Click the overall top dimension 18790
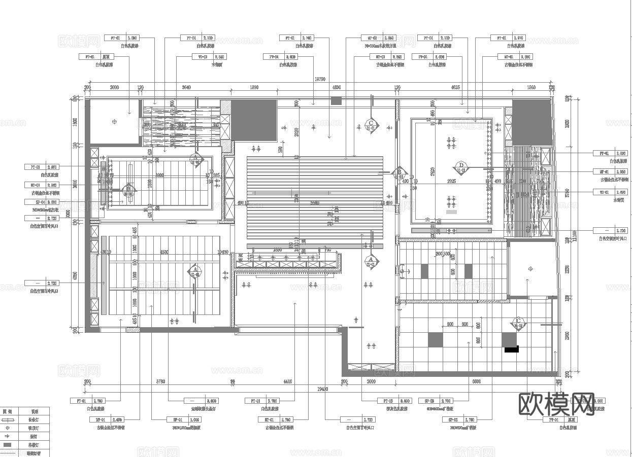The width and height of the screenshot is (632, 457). pyautogui.click(x=319, y=79)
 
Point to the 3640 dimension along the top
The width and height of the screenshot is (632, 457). pyautogui.click(x=186, y=87)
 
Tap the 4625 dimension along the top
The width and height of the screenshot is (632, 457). pyautogui.click(x=455, y=87)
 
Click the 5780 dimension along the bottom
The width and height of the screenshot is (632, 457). pyautogui.click(x=160, y=381)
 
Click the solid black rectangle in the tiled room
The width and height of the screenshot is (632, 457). pyautogui.click(x=511, y=349)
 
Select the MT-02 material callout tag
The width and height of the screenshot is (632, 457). pyautogui.click(x=378, y=38)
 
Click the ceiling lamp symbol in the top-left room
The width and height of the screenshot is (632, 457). pyautogui.click(x=114, y=122)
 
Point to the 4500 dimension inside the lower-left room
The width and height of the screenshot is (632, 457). pyautogui.click(x=164, y=252)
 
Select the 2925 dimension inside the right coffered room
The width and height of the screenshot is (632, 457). pyautogui.click(x=448, y=181)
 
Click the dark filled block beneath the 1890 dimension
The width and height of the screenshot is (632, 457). pyautogui.click(x=254, y=119)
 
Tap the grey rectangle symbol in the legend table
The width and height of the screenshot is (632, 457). pyautogui.click(x=8, y=445)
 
